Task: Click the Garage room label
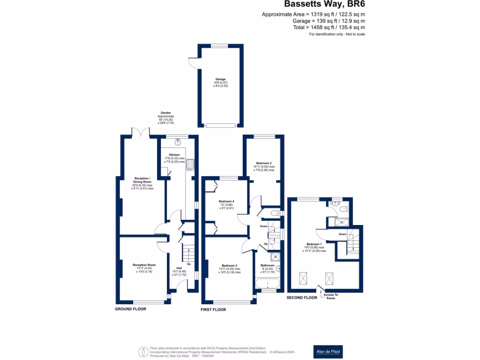click(220, 79)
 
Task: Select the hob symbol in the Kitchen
click(191, 164)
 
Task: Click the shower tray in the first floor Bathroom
click(273, 257)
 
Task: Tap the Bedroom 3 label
click(264, 163)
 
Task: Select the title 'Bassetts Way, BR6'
click(325, 5)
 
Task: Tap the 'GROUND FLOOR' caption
click(131, 309)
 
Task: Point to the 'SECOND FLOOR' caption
click(302, 297)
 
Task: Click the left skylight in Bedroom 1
click(304, 280)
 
